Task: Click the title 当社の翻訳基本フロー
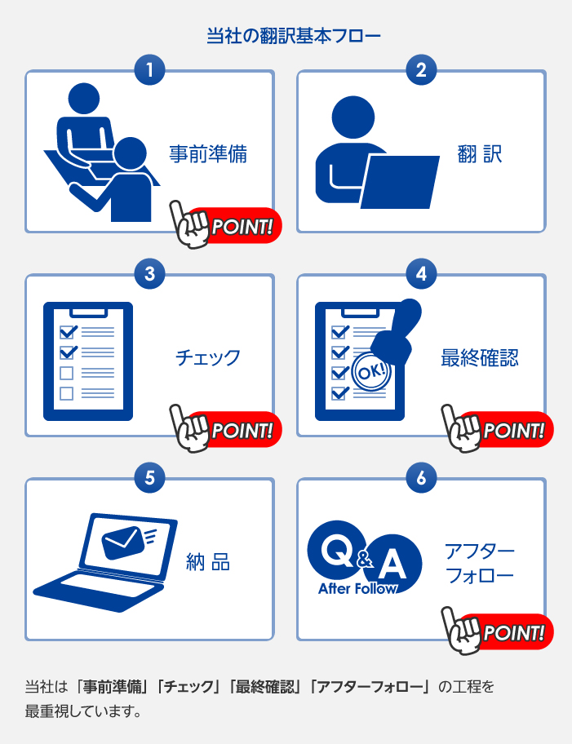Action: [294, 36]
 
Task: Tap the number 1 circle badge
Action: [149, 70]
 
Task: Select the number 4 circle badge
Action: [422, 274]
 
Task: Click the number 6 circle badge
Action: [422, 478]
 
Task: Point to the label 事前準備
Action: [208, 154]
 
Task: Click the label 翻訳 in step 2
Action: [480, 154]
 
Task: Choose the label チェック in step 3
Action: [208, 358]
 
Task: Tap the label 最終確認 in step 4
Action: [480, 358]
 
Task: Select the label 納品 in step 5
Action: [208, 562]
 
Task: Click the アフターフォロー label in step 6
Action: [480, 563]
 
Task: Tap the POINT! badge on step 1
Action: [226, 225]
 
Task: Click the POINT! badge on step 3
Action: [226, 429]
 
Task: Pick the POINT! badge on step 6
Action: [498, 631]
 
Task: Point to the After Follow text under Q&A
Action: [357, 589]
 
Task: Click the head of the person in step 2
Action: [353, 117]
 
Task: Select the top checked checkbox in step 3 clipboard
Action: [68, 331]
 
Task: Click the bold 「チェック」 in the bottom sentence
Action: [189, 687]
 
